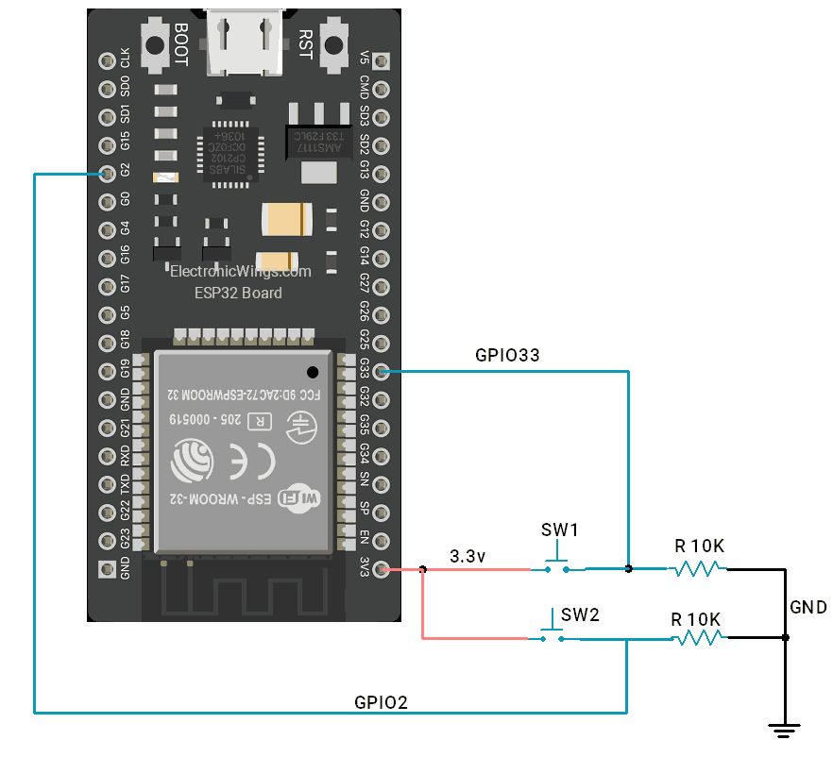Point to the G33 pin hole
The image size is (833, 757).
(x=381, y=372)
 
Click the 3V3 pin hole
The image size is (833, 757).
(x=381, y=569)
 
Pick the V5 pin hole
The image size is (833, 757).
(x=381, y=62)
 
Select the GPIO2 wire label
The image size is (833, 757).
(x=382, y=701)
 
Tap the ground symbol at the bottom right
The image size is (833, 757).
(x=784, y=729)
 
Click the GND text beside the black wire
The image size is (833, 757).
(x=808, y=607)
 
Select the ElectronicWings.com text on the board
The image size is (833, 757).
(x=240, y=272)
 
